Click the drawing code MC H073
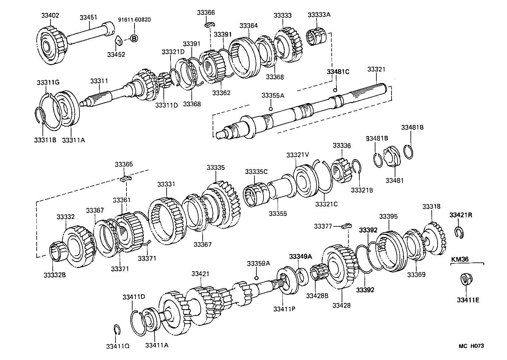click(471, 346)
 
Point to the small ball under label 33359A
click(256, 278)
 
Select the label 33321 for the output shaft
click(376, 69)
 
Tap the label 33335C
click(256, 172)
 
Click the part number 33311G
click(48, 82)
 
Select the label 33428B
click(317, 296)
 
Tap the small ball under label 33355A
click(271, 109)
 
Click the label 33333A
click(319, 15)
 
